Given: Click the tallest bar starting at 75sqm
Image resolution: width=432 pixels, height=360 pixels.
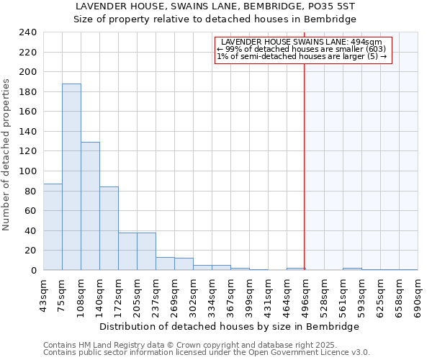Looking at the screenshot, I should (x=71, y=177).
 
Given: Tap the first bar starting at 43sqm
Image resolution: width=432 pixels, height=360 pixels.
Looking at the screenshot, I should (x=53, y=227).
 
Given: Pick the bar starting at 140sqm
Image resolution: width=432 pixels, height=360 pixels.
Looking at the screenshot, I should (x=109, y=228).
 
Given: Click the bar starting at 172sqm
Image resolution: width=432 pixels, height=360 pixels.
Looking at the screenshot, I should (x=127, y=251).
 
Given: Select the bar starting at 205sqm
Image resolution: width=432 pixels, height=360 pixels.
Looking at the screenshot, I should (x=146, y=251).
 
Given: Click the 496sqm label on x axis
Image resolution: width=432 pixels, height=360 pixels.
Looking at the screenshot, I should (x=305, y=294).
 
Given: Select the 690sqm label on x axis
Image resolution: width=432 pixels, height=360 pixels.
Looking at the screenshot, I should (x=417, y=294).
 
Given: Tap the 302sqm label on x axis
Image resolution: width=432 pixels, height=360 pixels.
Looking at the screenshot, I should (x=193, y=294).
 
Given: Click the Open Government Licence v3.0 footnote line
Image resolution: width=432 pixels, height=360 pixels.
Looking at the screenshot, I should (x=207, y=353).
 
